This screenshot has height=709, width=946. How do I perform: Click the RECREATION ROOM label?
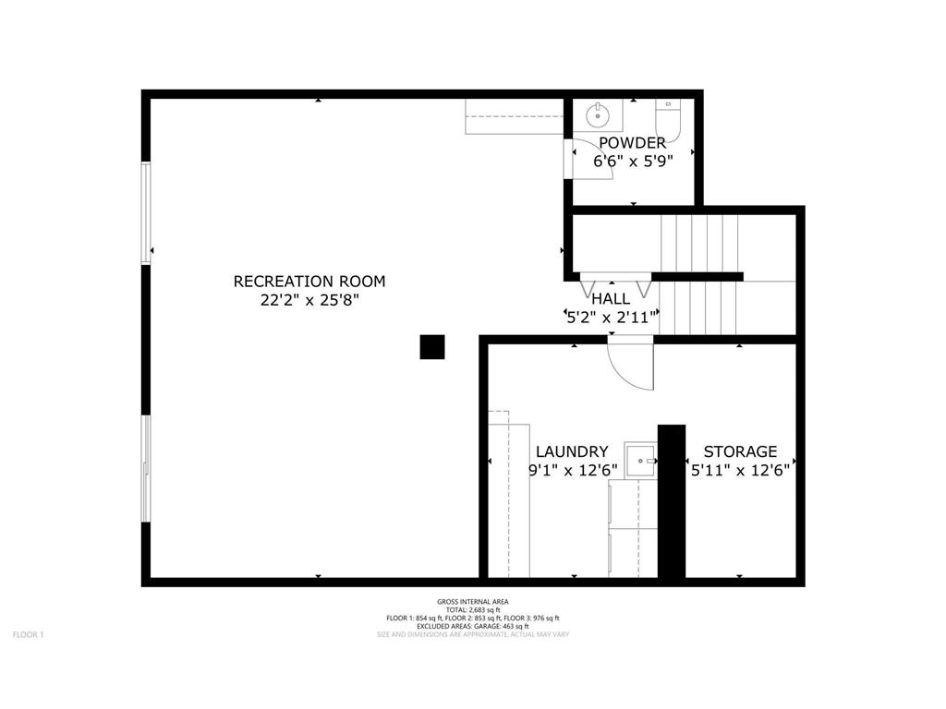[309, 282]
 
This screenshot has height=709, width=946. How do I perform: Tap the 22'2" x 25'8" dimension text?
[309, 300]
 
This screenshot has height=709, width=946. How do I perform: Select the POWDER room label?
[632, 142]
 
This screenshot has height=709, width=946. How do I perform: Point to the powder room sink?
[598, 115]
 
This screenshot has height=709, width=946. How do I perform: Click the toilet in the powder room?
[668, 120]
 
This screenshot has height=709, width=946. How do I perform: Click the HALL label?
[611, 298]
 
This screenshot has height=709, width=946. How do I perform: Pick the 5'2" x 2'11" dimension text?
[611, 317]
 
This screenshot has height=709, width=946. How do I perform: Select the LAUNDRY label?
[572, 451]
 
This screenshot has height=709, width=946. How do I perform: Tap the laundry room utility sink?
[640, 459]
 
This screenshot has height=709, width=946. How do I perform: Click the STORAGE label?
[740, 451]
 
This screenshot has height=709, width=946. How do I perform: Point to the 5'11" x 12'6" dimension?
[740, 470]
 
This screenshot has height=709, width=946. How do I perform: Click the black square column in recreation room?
[432, 346]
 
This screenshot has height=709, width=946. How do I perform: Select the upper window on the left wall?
[145, 212]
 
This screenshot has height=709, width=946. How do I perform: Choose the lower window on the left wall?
[145, 469]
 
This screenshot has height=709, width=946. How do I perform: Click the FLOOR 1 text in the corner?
[28, 634]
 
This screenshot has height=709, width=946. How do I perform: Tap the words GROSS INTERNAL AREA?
[472, 602]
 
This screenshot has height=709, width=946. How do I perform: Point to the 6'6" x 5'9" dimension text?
[632, 160]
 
